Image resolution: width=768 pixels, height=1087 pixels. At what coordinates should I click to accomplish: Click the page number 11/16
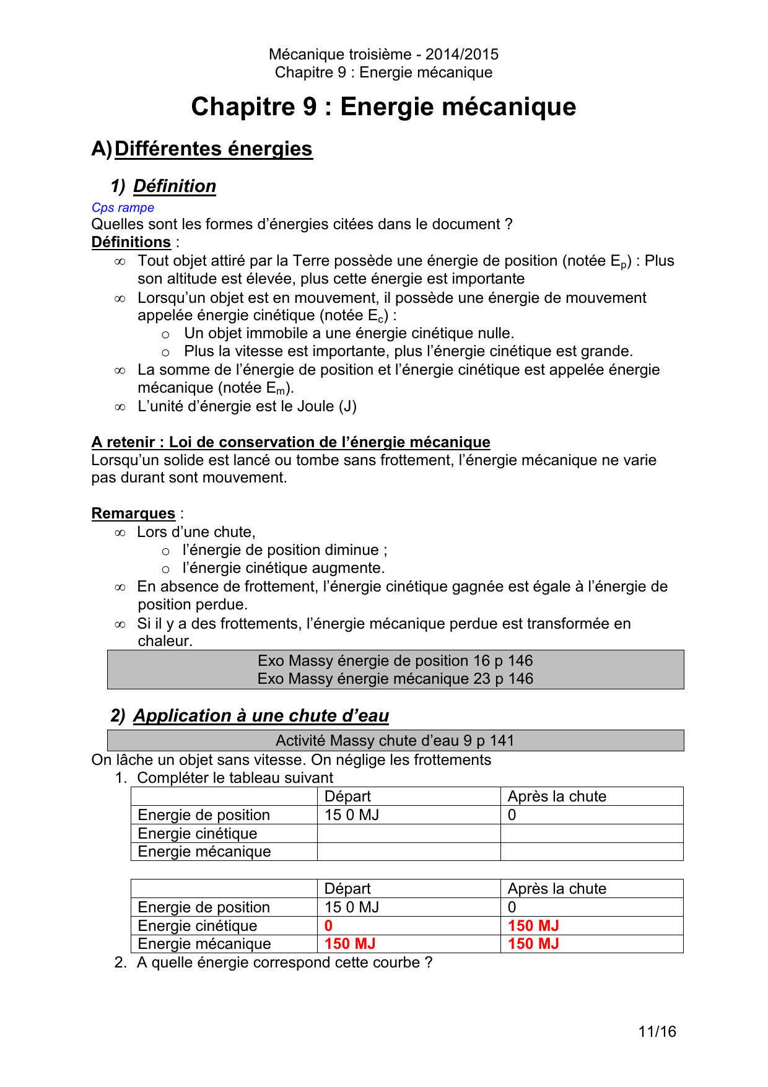click(x=657, y=1031)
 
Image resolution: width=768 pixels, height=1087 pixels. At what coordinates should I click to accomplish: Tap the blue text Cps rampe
click(x=123, y=207)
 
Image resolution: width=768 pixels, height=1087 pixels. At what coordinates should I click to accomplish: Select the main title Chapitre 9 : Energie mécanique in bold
click(x=383, y=107)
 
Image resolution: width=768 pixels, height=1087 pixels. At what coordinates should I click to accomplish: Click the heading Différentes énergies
click(x=213, y=149)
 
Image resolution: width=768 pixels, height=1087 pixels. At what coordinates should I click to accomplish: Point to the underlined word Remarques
click(x=133, y=513)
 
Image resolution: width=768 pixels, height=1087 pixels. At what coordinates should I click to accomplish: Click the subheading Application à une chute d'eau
click(x=261, y=715)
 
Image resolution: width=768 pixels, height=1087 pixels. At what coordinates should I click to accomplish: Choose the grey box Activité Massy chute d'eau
click(x=395, y=741)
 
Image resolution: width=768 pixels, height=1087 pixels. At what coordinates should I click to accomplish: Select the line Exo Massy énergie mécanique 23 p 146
click(x=395, y=679)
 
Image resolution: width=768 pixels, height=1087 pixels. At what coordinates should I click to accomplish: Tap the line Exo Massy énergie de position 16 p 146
click(x=395, y=661)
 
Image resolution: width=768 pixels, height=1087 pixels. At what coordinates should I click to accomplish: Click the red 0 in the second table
click(x=328, y=925)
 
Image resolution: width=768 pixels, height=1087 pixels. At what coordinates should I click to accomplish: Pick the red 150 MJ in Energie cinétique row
click(x=533, y=925)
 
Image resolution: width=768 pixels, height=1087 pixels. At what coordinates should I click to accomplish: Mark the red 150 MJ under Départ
click(x=350, y=944)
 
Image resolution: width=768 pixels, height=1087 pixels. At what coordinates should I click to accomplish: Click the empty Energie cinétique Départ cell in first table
click(x=408, y=833)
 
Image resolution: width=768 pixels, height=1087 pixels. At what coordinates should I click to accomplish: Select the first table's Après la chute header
click(x=557, y=797)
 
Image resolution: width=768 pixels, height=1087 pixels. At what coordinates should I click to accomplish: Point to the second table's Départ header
click(x=347, y=889)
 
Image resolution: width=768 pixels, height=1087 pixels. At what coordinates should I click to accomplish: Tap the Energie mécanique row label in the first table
click(x=204, y=852)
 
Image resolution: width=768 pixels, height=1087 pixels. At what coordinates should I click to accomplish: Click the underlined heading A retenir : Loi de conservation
click(x=290, y=442)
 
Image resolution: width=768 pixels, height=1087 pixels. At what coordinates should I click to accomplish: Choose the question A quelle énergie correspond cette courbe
click(x=284, y=963)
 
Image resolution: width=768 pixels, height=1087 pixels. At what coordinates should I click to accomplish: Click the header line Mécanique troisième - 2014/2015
click(x=383, y=55)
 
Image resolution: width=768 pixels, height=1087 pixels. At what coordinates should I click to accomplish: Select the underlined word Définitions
click(x=131, y=242)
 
